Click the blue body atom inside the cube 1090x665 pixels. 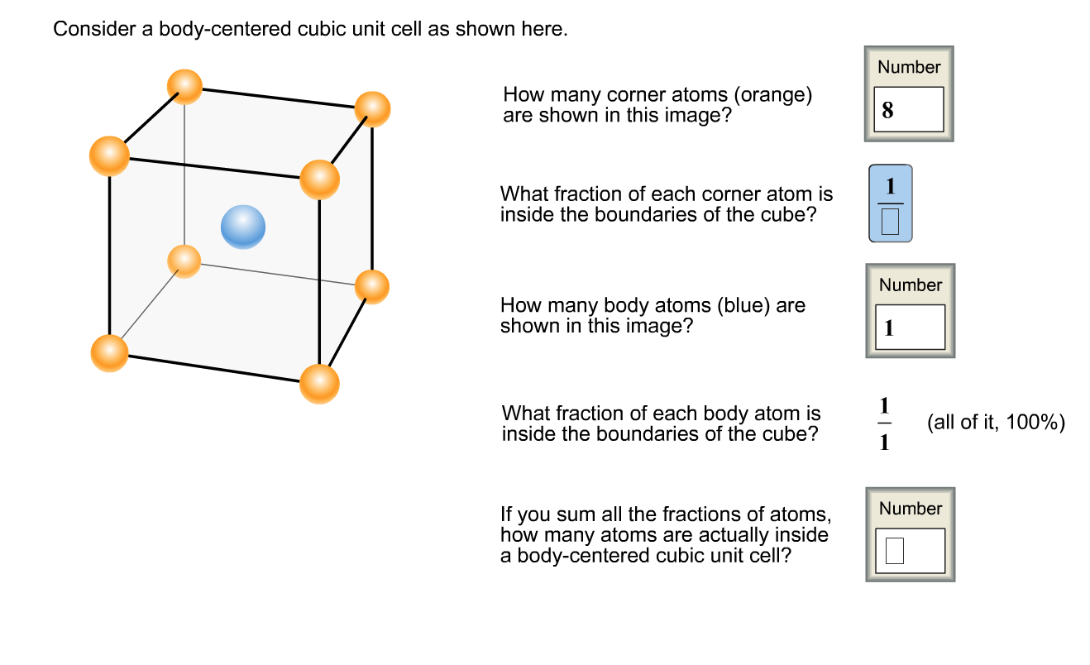(243, 227)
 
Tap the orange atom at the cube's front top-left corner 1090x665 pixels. (109, 155)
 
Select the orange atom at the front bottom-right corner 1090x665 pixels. (319, 384)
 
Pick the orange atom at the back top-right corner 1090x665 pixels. (372, 109)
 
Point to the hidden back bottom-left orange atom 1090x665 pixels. (184, 261)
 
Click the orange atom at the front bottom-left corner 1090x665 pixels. (109, 353)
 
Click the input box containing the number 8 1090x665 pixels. (909, 109)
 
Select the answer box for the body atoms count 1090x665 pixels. (910, 328)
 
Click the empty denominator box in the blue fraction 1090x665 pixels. (890, 222)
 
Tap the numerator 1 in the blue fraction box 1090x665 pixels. (891, 186)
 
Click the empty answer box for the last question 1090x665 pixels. (894, 551)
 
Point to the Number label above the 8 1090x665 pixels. (909, 67)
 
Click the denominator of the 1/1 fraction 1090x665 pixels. (885, 442)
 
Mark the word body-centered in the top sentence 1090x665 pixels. (225, 29)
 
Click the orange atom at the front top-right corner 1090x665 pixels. (319, 179)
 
